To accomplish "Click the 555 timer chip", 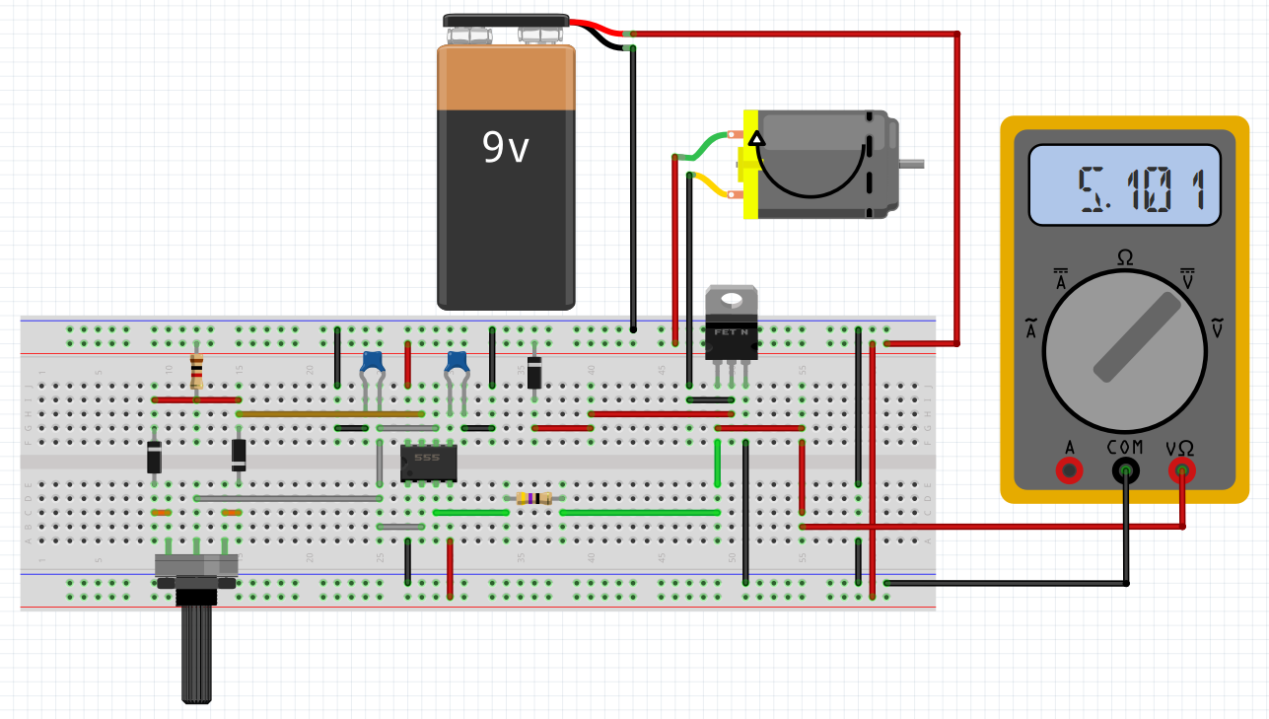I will (429, 462).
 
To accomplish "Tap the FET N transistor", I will (732, 329).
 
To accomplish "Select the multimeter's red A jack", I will (1068, 470).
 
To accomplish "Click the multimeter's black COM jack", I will (1125, 470).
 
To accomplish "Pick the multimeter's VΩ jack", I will (1181, 470).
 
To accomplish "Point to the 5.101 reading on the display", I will (1142, 188).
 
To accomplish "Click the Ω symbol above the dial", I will (1124, 257).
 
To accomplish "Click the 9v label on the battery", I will (506, 148).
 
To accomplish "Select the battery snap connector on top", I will (506, 22).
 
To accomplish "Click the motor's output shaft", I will (912, 164).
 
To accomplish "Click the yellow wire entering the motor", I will (710, 184).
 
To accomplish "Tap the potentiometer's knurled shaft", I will (197, 651).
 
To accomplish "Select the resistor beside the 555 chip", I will (533, 498).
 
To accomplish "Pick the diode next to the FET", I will (534, 372).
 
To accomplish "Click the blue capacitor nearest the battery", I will (457, 363).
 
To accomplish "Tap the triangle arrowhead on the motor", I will (756, 138).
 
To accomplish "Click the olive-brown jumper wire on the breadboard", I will (329, 414).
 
